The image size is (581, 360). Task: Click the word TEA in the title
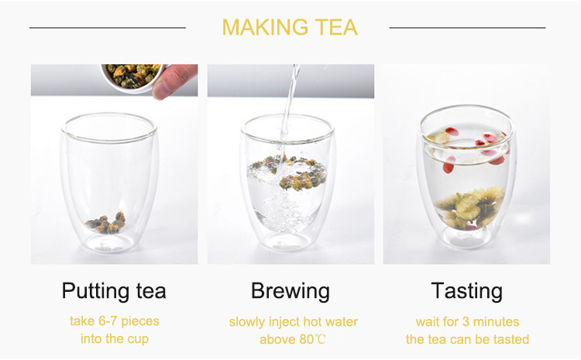pos(335,27)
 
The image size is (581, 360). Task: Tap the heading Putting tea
pos(114,291)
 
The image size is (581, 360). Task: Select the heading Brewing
pos(290,291)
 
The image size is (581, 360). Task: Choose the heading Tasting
pos(467,291)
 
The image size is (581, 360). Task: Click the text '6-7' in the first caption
pos(111,321)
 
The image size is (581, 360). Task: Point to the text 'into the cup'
pos(114,339)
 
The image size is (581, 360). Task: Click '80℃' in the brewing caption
pos(313,339)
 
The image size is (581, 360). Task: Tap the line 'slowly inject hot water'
pos(293,321)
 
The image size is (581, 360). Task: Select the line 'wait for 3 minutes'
pos(467,321)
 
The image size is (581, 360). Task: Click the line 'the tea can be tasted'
pos(467,339)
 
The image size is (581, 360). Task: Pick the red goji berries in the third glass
pos(449,163)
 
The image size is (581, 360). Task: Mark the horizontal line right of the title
pos(467,28)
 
